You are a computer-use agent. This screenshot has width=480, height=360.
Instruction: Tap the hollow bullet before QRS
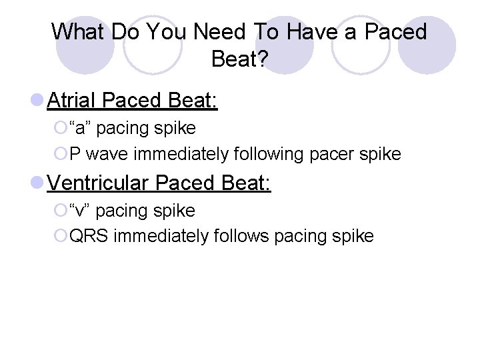tap(61, 236)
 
